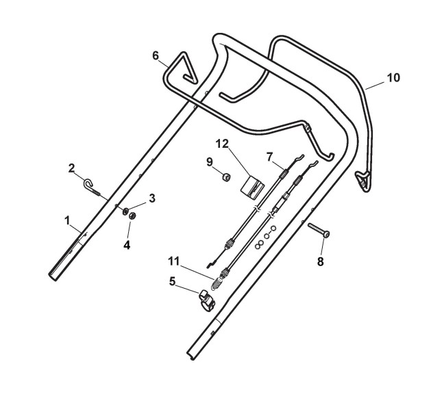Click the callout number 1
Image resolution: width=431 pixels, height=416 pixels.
pos(68,220)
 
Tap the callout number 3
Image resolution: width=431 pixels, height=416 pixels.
pos(152,198)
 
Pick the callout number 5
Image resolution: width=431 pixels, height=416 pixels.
pos(173,280)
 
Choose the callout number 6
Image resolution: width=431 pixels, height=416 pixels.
pos(156,55)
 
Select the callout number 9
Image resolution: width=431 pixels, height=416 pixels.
pos(210,161)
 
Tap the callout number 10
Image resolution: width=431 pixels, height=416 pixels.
pos(393,77)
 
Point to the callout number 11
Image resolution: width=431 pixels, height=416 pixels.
pos(174,261)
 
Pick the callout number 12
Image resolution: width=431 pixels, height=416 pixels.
pos(221,144)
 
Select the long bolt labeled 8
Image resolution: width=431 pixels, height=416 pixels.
pos(319,231)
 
